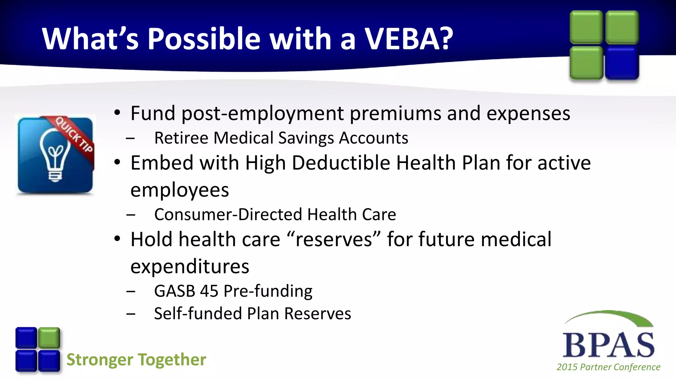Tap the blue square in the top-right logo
point(622,63)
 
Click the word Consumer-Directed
point(228,215)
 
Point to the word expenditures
point(190,267)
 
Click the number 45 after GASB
point(209,291)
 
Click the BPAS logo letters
point(608,345)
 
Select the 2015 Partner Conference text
point(608,367)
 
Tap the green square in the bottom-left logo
point(49,338)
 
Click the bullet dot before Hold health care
point(117,239)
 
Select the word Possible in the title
point(204,39)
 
